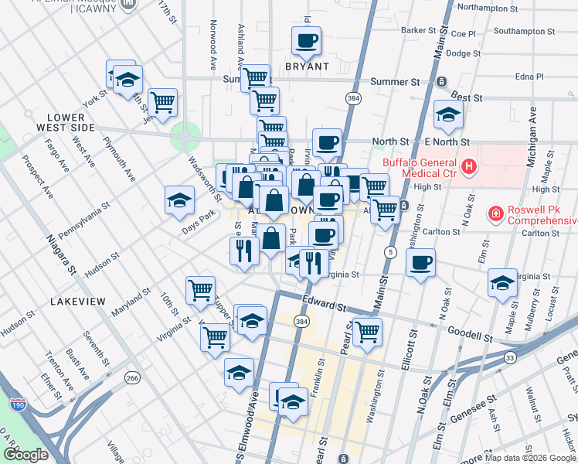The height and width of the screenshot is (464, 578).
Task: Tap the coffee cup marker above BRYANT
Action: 306,40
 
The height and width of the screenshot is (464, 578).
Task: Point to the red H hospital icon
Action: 468,166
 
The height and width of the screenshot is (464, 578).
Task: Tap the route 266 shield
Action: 133,377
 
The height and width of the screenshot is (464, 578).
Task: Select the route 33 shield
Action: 510,357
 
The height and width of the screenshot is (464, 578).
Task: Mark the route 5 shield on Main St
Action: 392,252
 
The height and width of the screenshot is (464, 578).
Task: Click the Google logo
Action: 25,455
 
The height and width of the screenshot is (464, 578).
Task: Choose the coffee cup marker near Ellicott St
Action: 420,262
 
